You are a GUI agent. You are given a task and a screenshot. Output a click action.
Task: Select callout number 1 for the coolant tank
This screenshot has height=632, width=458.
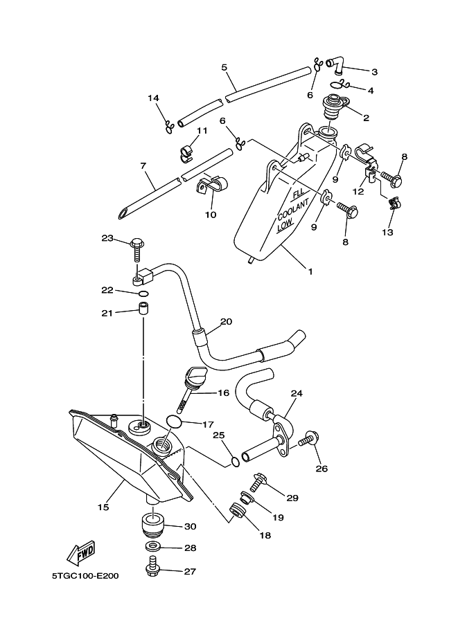pyautogui.click(x=310, y=272)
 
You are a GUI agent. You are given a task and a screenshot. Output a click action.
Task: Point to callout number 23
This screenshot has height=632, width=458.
pyautogui.click(x=107, y=238)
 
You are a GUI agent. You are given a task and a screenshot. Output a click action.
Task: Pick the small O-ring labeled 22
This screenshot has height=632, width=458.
pyautogui.click(x=143, y=293)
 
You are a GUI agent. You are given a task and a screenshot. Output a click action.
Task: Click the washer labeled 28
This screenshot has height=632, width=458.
pyautogui.click(x=152, y=548)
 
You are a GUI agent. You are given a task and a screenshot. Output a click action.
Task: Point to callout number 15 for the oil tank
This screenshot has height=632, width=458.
pyautogui.click(x=103, y=507)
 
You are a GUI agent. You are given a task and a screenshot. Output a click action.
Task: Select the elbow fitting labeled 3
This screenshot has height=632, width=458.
pyautogui.click(x=337, y=66)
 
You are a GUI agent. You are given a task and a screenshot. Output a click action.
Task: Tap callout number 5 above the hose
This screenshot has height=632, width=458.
pyautogui.click(x=224, y=67)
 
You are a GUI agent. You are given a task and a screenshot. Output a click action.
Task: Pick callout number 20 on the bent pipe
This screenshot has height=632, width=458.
pyautogui.click(x=226, y=322)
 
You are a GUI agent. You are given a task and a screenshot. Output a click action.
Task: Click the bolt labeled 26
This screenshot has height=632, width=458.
pyautogui.click(x=308, y=438)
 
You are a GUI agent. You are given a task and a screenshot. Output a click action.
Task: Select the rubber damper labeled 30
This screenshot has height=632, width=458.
pyautogui.click(x=153, y=525)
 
